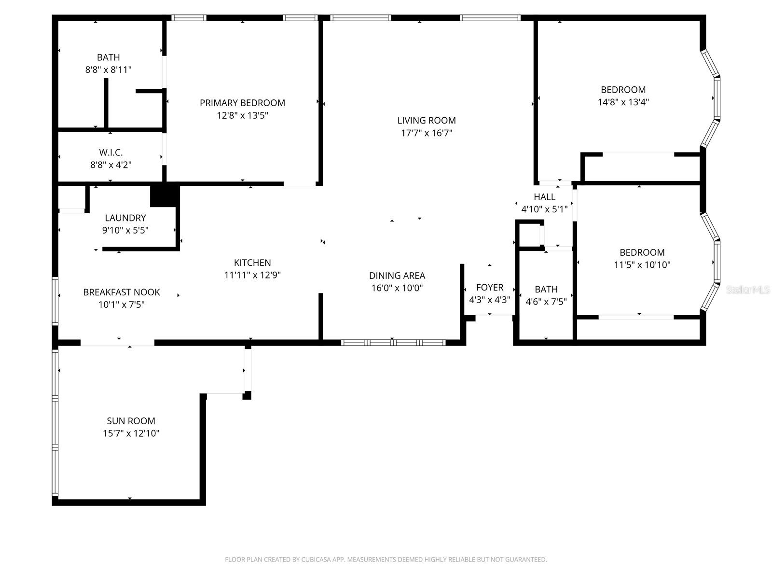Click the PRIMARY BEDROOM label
(242, 103)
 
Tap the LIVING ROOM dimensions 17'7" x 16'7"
(427, 133)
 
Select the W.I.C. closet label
(110, 152)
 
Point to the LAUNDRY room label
(125, 218)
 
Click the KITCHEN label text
(252, 263)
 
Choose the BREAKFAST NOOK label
(122, 292)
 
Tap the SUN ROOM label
(131, 421)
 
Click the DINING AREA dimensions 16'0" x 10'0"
(397, 289)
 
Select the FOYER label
(490, 288)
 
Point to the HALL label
(544, 197)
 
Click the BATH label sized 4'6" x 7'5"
(546, 289)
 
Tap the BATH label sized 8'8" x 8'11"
(108, 57)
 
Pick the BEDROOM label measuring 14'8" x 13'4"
(623, 90)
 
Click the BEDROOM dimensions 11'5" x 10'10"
(642, 265)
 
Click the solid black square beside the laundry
(165, 195)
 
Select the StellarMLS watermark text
(748, 290)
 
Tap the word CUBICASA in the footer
(317, 560)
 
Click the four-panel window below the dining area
(393, 343)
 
